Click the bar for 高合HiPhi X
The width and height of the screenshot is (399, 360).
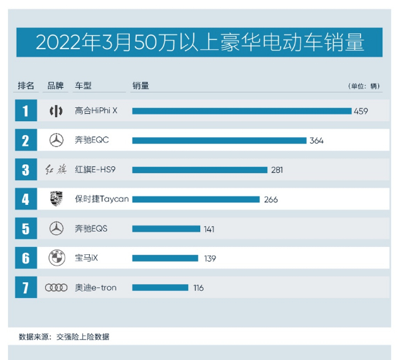tap(241, 110)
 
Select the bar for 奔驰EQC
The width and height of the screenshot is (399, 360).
tap(219, 140)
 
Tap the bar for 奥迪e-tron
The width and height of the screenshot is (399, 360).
tap(160, 287)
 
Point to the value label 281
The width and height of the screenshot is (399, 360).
tap(277, 170)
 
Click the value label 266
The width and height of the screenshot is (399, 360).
tap(270, 200)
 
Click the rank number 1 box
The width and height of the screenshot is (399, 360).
tap(25, 110)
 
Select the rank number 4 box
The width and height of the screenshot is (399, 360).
tap(25, 199)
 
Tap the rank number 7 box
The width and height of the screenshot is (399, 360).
tap(25, 287)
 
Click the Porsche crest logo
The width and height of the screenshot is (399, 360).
tap(57, 199)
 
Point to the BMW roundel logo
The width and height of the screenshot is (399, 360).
tap(57, 258)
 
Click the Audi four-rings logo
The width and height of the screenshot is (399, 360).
tap(57, 287)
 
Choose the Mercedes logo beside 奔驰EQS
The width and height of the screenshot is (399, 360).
tap(57, 229)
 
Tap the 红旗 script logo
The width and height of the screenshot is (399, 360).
tap(57, 170)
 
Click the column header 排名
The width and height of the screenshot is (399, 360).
tap(25, 86)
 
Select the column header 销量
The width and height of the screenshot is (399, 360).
tap(140, 86)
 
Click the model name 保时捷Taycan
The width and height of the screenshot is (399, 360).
tap(102, 199)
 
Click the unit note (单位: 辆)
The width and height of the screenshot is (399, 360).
tap(363, 87)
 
